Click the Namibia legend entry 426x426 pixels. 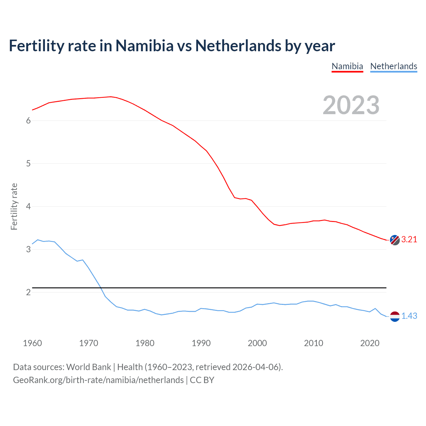click(x=347, y=66)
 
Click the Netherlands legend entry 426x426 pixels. click(x=393, y=66)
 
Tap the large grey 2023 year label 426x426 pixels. click(x=351, y=105)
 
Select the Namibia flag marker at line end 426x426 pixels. click(x=395, y=240)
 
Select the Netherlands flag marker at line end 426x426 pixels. click(x=395, y=317)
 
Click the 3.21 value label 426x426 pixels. click(x=409, y=240)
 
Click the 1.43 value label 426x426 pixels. click(x=409, y=316)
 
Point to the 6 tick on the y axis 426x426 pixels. click(x=28, y=121)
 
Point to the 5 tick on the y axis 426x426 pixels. click(x=28, y=164)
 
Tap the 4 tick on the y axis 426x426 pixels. click(x=28, y=207)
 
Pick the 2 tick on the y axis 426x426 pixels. click(x=28, y=293)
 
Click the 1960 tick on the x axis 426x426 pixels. click(x=32, y=343)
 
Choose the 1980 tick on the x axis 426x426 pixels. click(x=145, y=343)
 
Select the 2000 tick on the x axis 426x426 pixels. click(x=257, y=343)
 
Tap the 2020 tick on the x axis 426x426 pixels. click(x=370, y=343)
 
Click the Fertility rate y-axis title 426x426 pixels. click(x=14, y=206)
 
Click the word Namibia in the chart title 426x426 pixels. click(x=144, y=46)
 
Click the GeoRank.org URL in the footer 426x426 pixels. click(x=98, y=380)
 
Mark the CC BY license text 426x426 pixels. click(x=202, y=380)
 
